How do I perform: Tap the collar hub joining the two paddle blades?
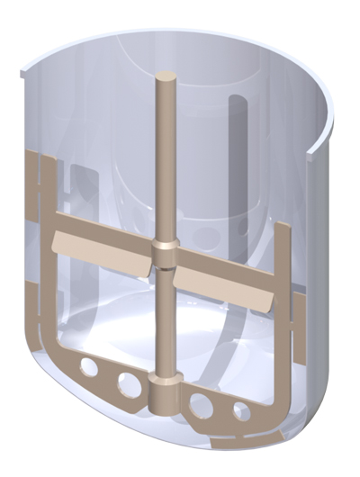click(164, 254)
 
